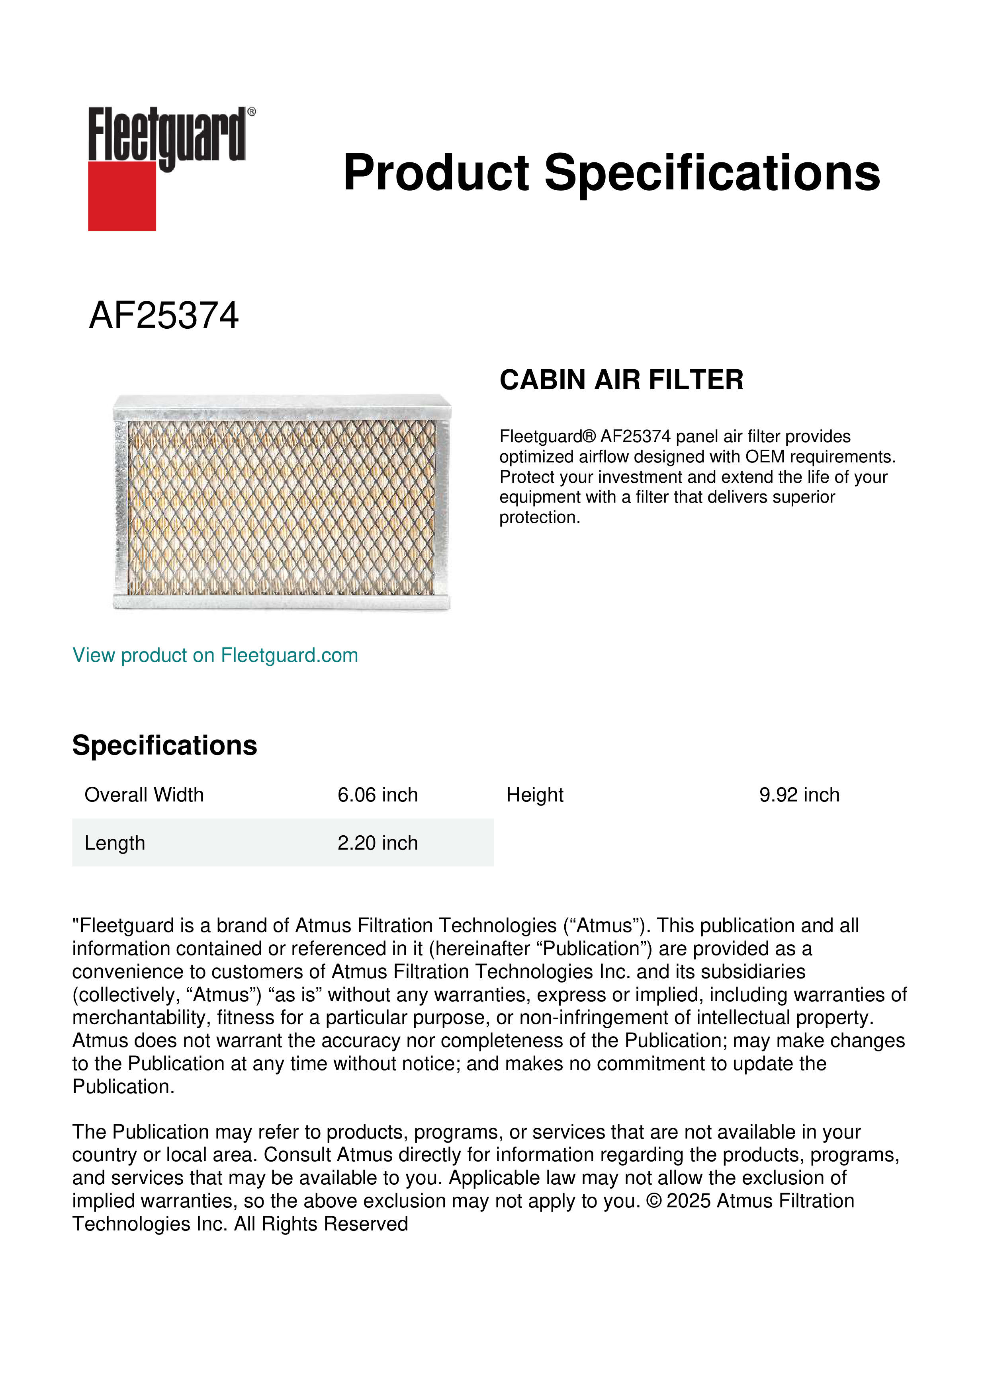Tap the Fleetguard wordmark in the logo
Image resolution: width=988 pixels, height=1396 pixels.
click(167, 135)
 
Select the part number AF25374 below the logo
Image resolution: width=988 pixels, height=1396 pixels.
click(164, 316)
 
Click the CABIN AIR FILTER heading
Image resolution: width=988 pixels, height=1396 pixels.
click(621, 380)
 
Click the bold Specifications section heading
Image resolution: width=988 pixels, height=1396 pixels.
click(164, 745)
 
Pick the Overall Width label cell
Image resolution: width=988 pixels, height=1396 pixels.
click(144, 795)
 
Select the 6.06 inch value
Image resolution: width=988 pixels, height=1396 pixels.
click(377, 795)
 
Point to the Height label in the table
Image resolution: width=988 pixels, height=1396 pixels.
click(535, 795)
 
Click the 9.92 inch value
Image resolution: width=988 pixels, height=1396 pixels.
click(799, 795)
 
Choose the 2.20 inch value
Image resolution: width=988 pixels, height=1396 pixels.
click(377, 843)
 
